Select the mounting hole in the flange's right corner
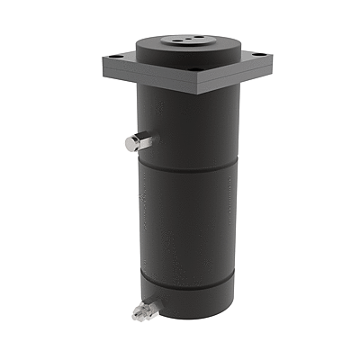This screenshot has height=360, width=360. click(260, 56)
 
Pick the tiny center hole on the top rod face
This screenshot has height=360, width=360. click(187, 40)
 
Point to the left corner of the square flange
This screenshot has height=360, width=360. click(102, 60)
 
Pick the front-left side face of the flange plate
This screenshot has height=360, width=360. click(148, 76)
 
